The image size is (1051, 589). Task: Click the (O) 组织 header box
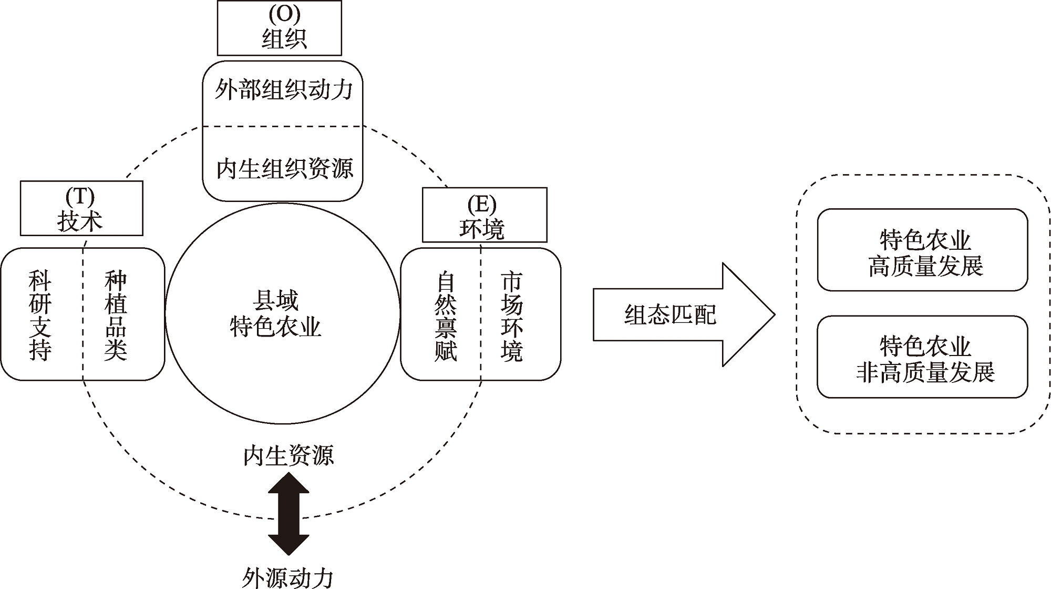[279, 28]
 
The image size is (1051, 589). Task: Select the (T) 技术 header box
[81, 208]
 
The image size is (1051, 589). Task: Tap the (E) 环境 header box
[484, 215]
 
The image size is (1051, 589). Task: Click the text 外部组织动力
[283, 90]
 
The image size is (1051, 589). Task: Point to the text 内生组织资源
[284, 169]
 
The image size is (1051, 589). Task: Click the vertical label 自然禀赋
[446, 316]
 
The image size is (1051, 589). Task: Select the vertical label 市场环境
[511, 316]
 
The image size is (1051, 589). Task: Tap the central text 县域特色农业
[275, 314]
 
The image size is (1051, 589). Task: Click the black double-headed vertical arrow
[288, 514]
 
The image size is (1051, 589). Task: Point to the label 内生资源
[288, 455]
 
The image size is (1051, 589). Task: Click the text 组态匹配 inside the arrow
[670, 315]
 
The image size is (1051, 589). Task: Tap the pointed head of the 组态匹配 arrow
[749, 314]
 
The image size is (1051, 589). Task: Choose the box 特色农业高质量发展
[922, 250]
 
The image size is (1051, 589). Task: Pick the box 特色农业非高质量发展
[922, 357]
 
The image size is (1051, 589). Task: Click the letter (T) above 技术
[80, 197]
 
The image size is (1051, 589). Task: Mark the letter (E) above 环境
[481, 204]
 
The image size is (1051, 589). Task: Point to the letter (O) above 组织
[284, 14]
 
